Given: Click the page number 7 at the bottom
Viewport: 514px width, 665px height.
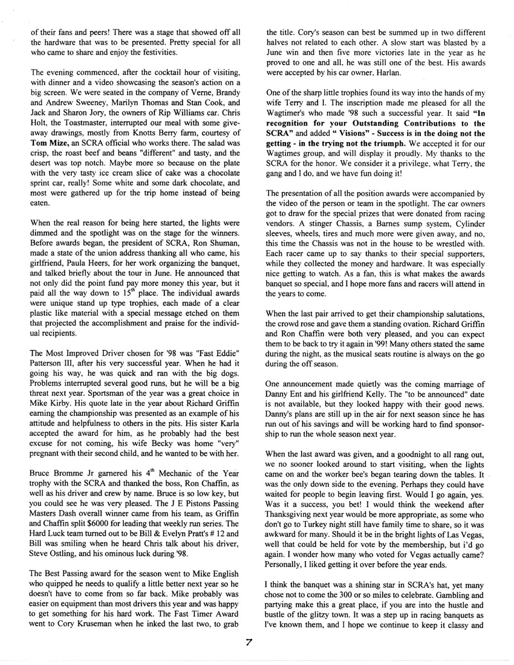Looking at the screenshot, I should pyautogui.click(x=257, y=643).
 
